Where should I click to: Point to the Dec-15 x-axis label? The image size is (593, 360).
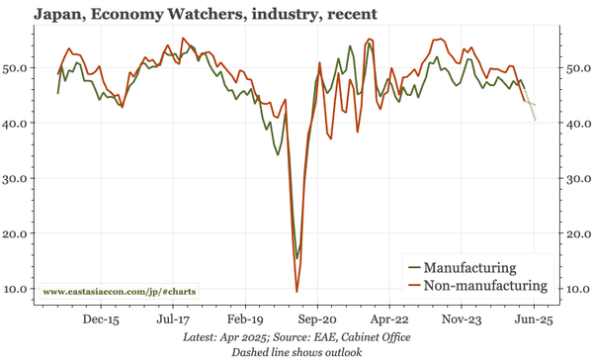pos(101,320)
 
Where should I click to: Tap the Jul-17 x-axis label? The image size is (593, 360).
pos(173,320)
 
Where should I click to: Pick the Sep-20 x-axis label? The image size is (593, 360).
pos(318,320)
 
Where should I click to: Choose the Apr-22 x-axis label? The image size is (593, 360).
pos(390,320)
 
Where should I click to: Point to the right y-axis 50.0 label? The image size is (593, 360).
pos(576,68)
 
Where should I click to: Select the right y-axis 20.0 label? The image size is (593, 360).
pos(576,234)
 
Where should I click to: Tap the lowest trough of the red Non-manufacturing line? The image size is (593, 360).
pos(297,292)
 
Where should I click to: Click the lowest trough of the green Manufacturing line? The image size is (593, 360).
pos(296,259)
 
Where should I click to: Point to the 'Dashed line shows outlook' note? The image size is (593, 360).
pos(296,351)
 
